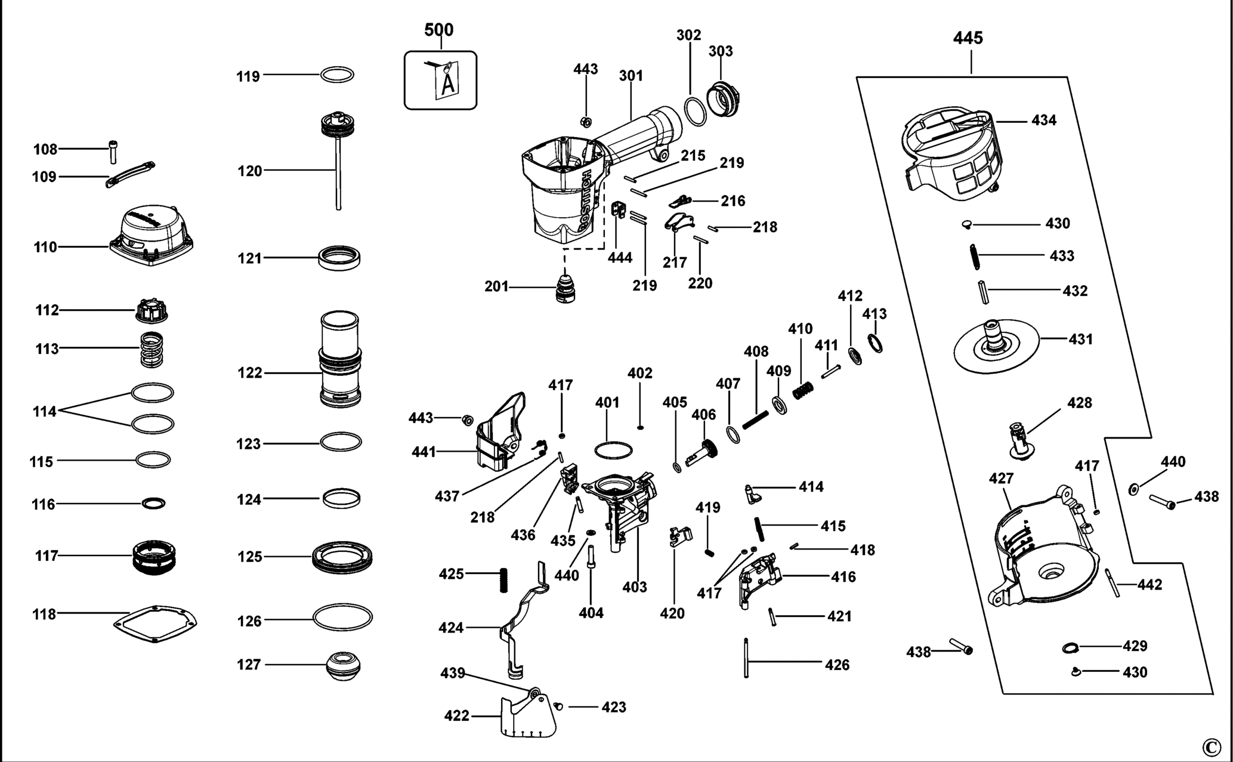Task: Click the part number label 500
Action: (438, 30)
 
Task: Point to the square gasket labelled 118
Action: (155, 624)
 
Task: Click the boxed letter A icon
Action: (440, 80)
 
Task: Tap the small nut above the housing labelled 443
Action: (585, 122)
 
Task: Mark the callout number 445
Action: (968, 38)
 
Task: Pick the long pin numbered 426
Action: (746, 657)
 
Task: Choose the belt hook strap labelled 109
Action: (130, 174)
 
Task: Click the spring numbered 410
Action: (803, 390)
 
